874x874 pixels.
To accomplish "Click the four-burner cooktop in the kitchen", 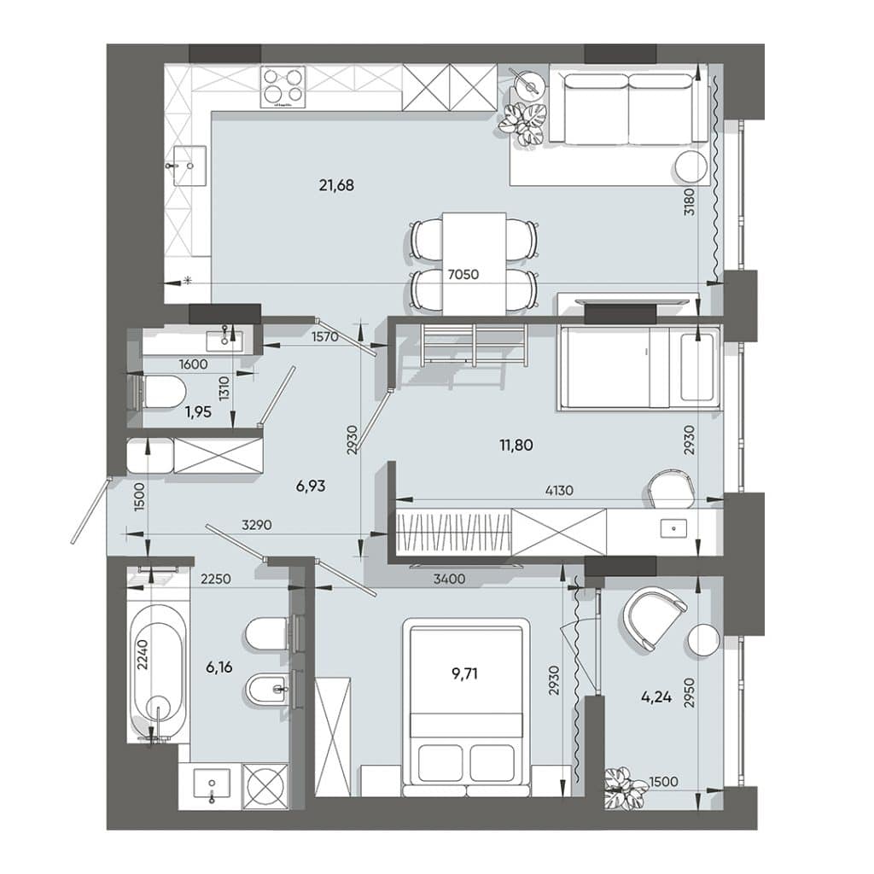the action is (283, 87).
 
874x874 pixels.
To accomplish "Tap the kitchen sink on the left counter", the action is (189, 166).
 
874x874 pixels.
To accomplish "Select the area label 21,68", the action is (336, 185).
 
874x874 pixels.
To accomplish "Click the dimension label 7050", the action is (463, 274).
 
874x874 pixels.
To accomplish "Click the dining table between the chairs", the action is (475, 263).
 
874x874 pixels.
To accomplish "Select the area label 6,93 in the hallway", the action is (311, 486).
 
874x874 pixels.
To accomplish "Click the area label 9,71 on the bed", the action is (464, 673).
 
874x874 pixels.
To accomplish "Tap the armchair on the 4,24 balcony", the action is (655, 616).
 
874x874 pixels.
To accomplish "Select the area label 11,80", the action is (516, 445).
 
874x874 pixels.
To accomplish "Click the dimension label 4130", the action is (558, 491).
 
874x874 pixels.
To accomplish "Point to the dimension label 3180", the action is (690, 201).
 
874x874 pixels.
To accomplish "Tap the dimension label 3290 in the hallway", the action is (256, 525).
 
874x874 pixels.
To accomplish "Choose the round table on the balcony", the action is (704, 640).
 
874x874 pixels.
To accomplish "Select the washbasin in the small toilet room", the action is (224, 340).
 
